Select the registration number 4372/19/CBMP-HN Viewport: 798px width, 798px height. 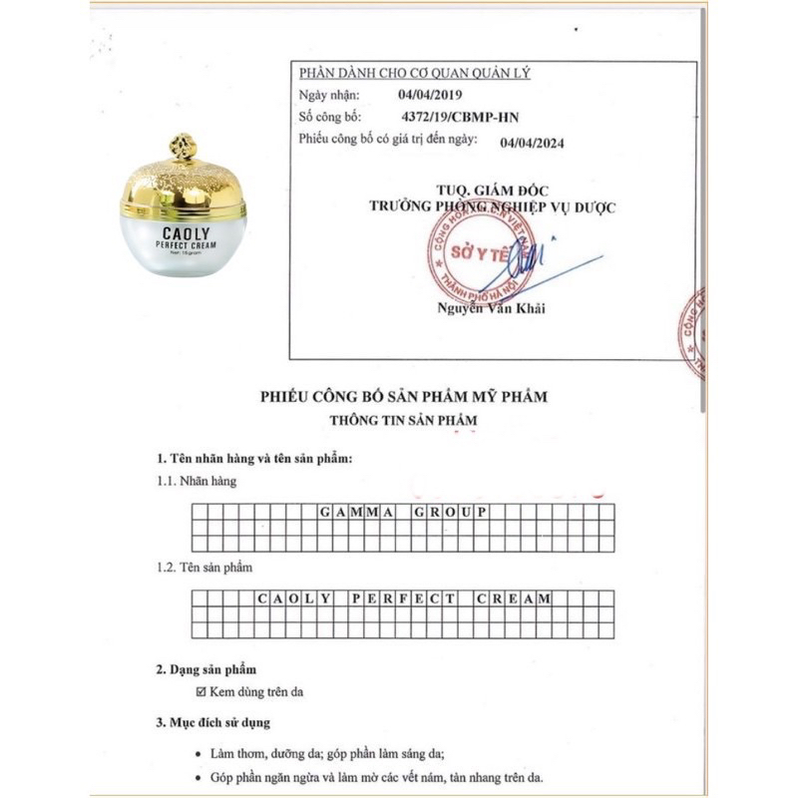coord(459,117)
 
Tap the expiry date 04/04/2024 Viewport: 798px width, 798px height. coord(532,142)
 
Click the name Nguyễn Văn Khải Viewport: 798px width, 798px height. coord(492,308)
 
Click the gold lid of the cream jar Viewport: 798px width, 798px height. coord(183,183)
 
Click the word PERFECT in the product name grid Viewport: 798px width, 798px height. coord(403,598)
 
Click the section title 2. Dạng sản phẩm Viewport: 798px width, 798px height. coord(199,669)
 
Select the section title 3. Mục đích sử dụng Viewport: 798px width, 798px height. coord(212,722)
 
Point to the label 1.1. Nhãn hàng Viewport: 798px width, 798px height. coord(196,481)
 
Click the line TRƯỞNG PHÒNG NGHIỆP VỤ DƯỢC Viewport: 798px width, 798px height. coord(493,206)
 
